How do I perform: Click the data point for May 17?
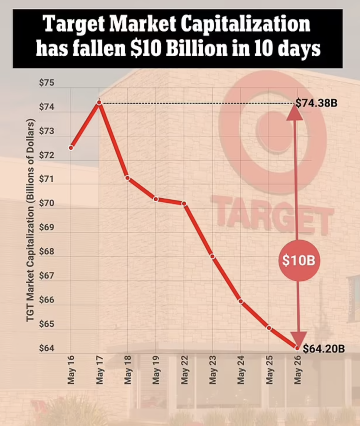(99, 102)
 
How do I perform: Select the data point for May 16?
(71, 148)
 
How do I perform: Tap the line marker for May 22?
(184, 203)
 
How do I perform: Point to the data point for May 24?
(241, 301)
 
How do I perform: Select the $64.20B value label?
(323, 349)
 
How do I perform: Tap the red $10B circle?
(298, 260)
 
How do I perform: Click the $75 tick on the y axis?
(47, 82)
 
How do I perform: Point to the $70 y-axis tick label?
(47, 203)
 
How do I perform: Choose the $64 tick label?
(47, 348)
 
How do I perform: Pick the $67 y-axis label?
(47, 276)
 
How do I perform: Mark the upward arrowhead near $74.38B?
(295, 113)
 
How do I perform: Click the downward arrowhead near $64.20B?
(298, 337)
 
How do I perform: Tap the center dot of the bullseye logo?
(274, 131)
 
